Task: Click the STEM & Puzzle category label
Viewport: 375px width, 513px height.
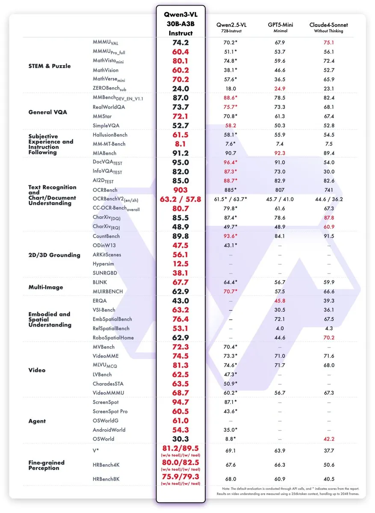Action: [50, 66]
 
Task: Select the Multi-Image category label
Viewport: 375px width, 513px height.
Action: [46, 287]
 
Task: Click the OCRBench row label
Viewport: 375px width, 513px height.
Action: [105, 190]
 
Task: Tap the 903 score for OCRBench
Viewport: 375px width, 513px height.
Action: [180, 190]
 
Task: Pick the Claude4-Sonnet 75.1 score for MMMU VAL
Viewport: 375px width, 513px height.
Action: [329, 42]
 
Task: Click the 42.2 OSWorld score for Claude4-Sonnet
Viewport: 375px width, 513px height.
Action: [329, 439]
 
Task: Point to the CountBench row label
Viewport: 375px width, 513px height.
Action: [106, 236]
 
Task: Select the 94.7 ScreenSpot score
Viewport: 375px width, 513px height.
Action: [180, 402]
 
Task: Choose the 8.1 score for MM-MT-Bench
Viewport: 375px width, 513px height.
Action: [180, 144]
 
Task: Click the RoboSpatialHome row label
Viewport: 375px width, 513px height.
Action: [113, 338]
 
